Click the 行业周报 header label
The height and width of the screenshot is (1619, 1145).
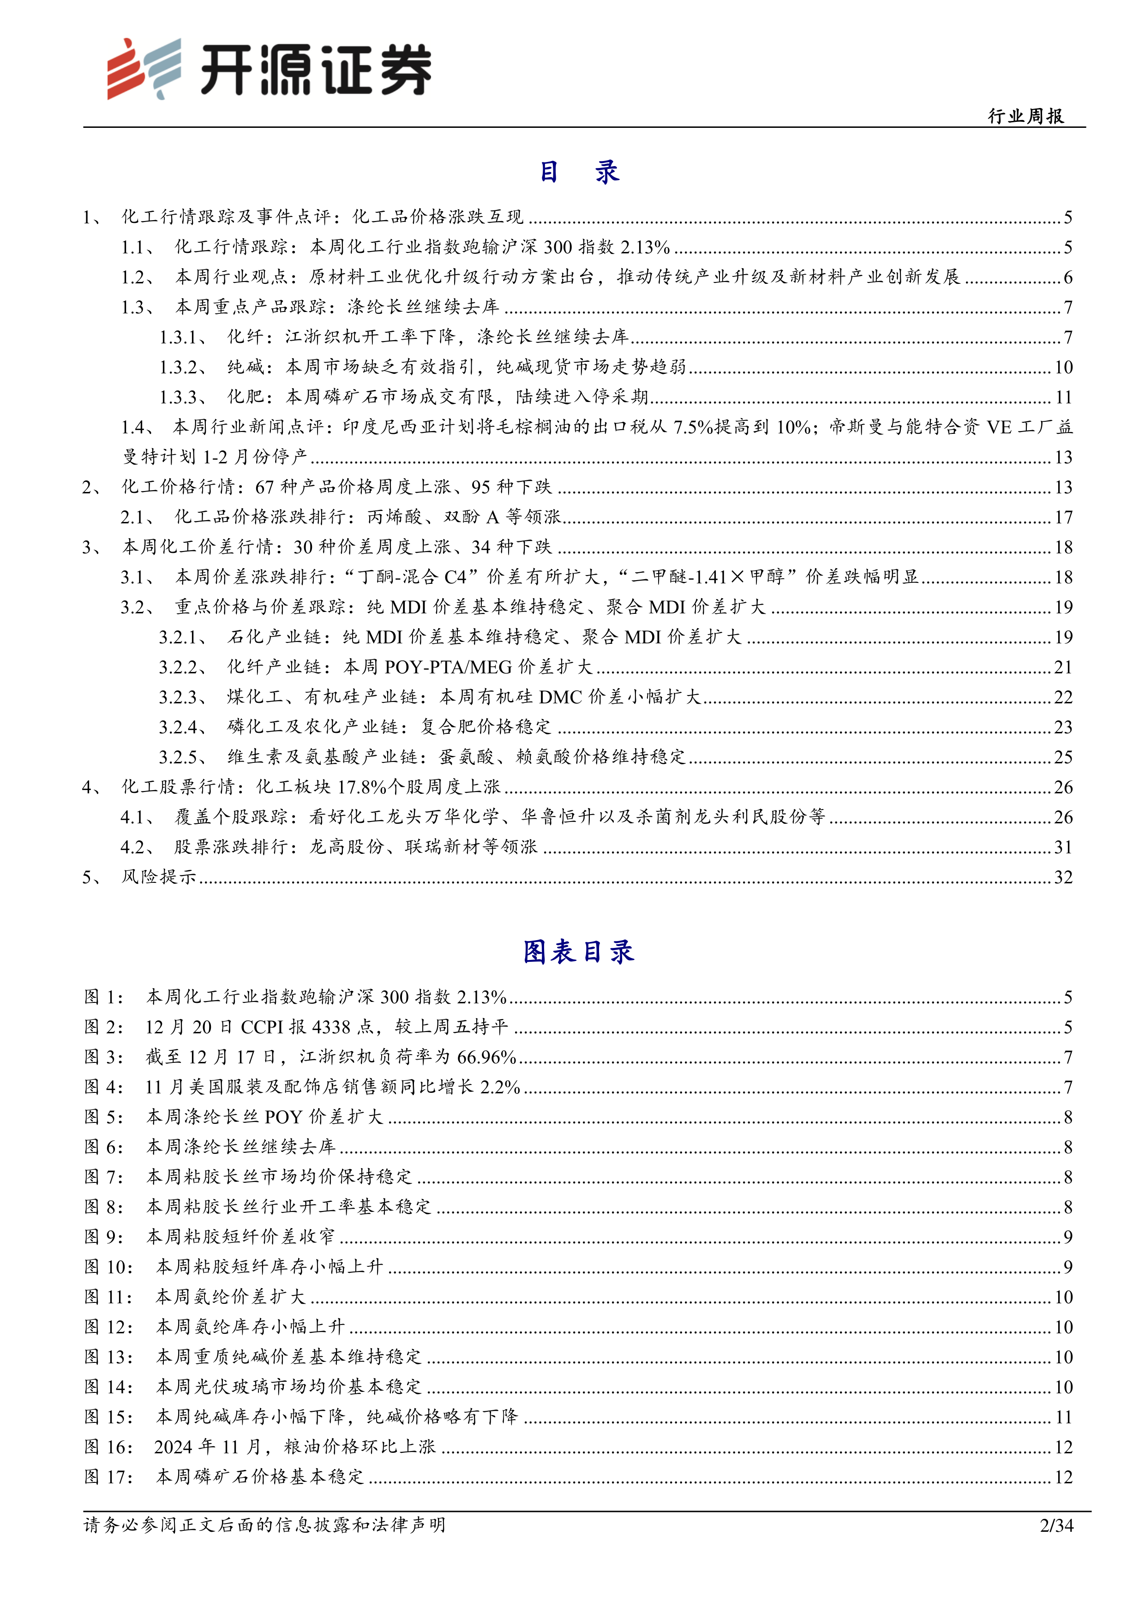click(1026, 116)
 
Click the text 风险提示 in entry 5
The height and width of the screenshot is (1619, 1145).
click(159, 877)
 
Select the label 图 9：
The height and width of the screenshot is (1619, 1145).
click(104, 1237)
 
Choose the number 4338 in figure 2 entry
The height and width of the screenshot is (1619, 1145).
click(330, 1027)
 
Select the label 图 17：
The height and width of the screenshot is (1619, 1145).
click(108, 1476)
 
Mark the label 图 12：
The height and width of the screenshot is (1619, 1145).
click(108, 1327)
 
